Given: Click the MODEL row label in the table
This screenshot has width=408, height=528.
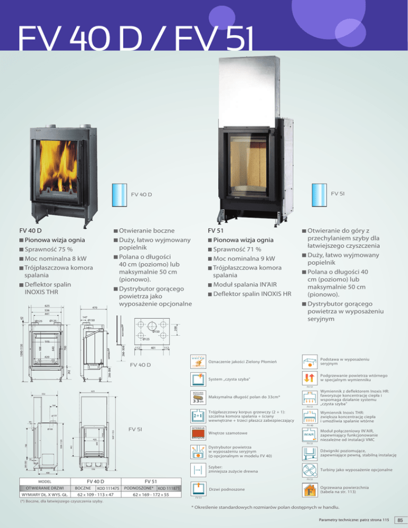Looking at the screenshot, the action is (41, 478).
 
